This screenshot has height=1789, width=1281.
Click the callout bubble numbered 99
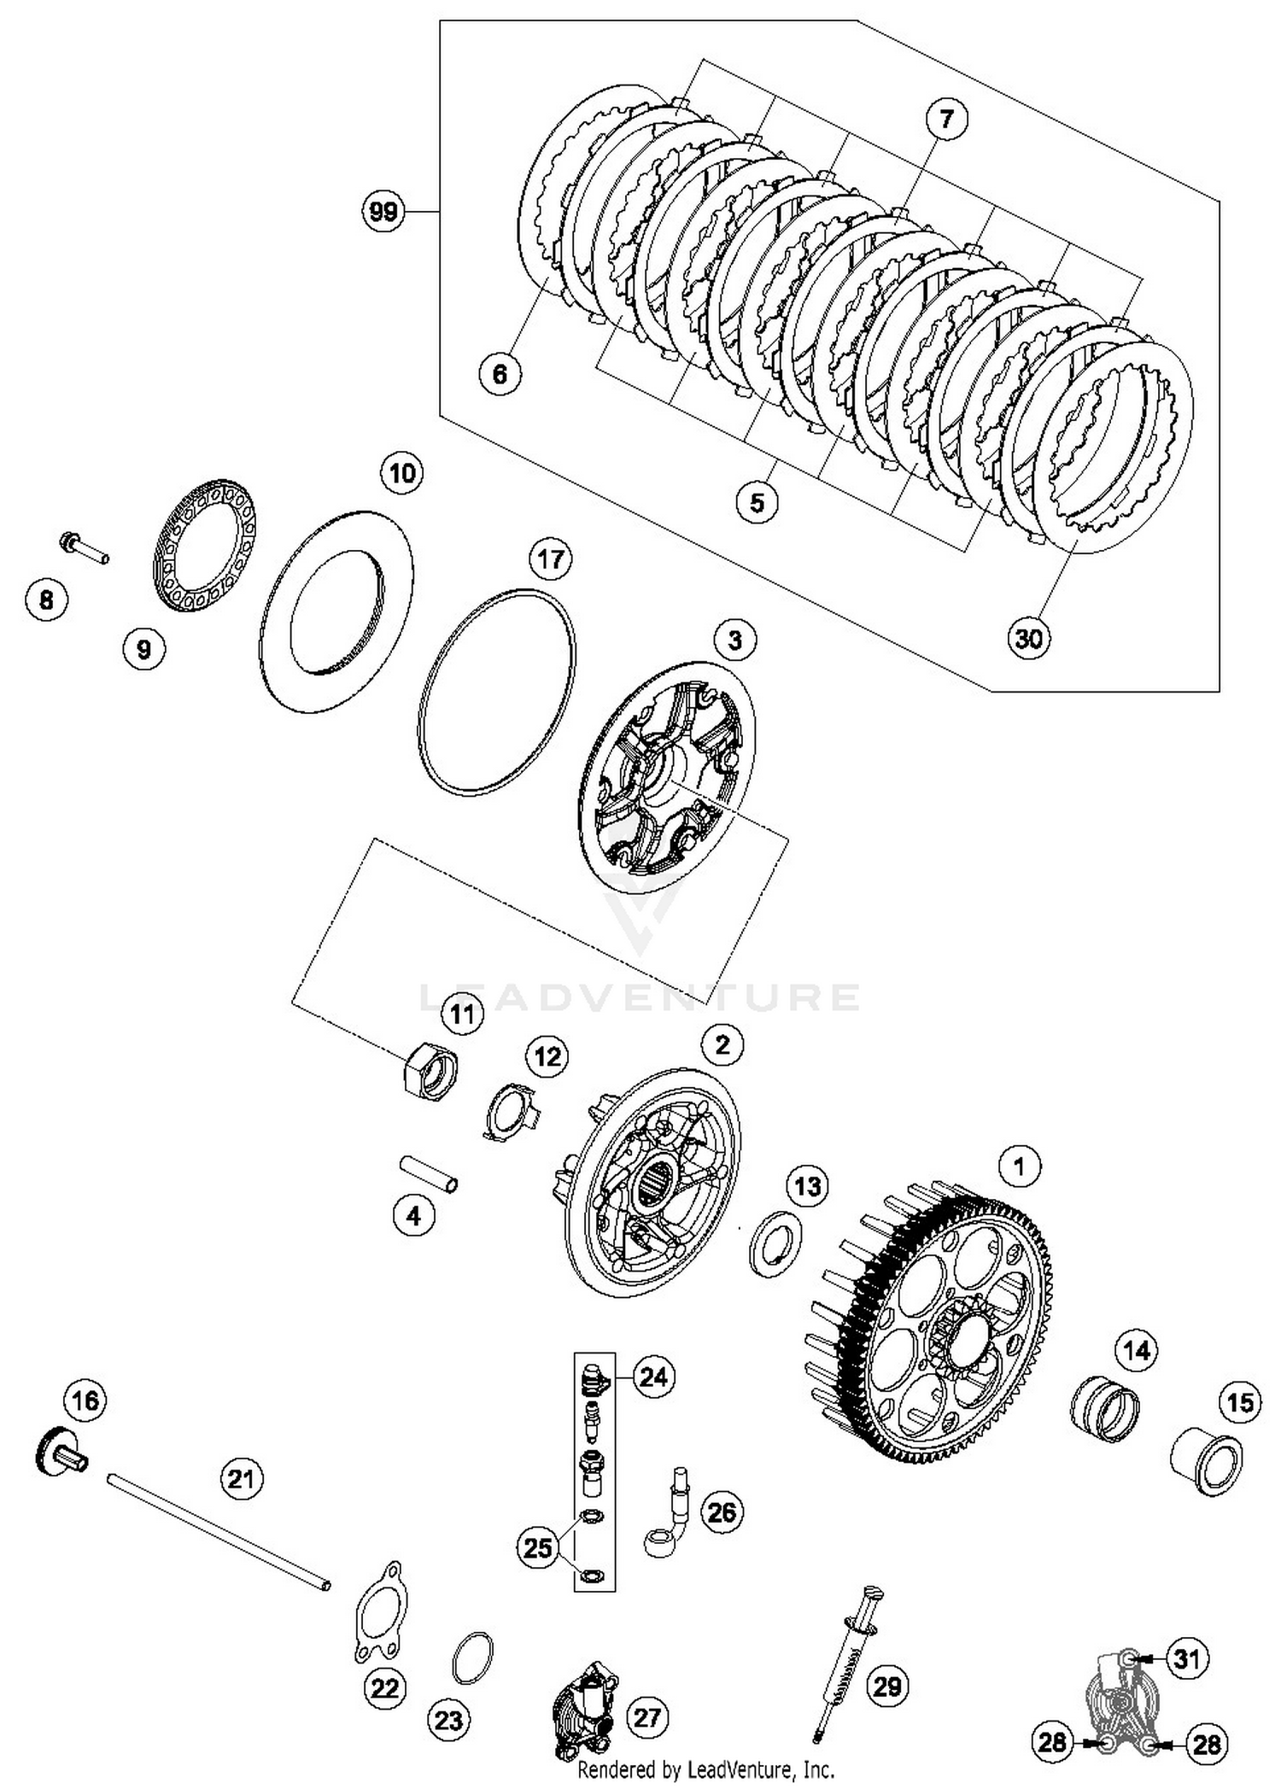coord(383,210)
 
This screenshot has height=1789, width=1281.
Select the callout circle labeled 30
coord(1028,637)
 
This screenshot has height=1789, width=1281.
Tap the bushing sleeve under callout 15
coord(1206,1464)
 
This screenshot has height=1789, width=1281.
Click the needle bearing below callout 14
coord(1105,1407)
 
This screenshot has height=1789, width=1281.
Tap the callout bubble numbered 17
coord(551,560)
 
